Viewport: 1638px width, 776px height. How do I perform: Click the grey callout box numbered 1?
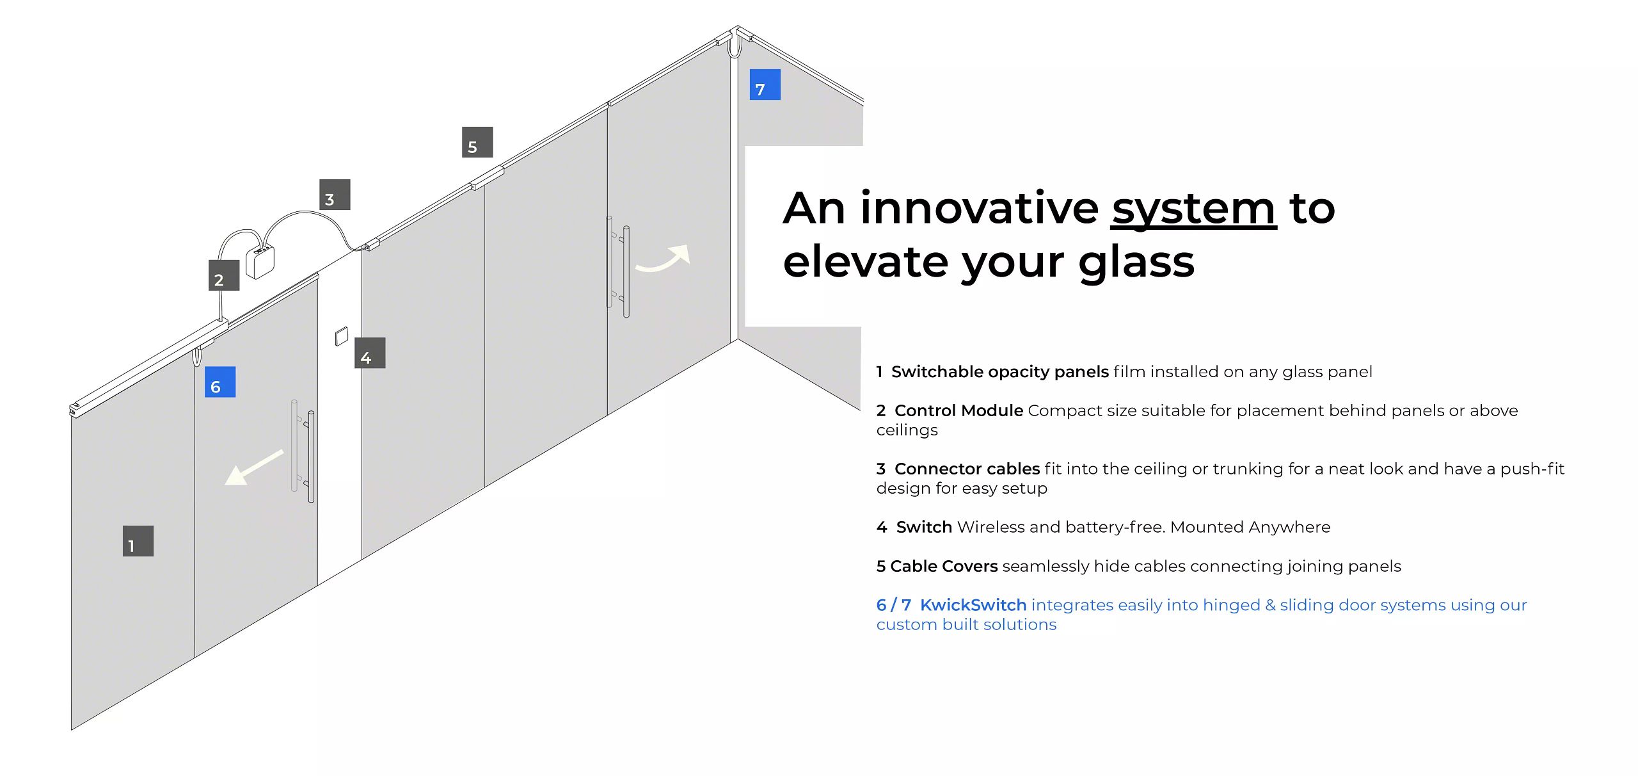pyautogui.click(x=138, y=541)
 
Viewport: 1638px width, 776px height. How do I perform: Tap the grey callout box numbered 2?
pyautogui.click(x=224, y=275)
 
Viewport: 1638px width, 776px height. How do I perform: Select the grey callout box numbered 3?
pyautogui.click(x=335, y=195)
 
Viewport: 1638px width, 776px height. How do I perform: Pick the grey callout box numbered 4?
pyautogui.click(x=370, y=353)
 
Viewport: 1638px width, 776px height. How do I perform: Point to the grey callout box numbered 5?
pyautogui.click(x=477, y=142)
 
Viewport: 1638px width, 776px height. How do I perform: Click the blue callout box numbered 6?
pyautogui.click(x=220, y=382)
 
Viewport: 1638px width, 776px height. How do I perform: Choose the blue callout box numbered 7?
pyautogui.click(x=765, y=85)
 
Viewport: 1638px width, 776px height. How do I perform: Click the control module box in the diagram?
pyautogui.click(x=260, y=261)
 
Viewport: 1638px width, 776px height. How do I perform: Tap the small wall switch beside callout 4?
pyautogui.click(x=342, y=336)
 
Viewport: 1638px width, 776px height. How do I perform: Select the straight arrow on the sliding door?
pyautogui.click(x=254, y=467)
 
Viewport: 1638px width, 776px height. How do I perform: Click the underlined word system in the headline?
pyautogui.click(x=1193, y=210)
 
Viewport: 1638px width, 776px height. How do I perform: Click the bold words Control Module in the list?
pyautogui.click(x=958, y=410)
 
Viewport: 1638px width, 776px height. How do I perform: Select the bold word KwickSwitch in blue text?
pyautogui.click(x=973, y=605)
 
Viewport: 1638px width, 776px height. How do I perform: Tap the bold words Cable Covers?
pyautogui.click(x=944, y=566)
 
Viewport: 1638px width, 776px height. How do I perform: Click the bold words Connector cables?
pyautogui.click(x=967, y=469)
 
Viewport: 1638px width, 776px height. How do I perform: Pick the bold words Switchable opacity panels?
pyautogui.click(x=1000, y=372)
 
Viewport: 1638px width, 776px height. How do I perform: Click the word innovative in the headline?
pyautogui.click(x=980, y=209)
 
